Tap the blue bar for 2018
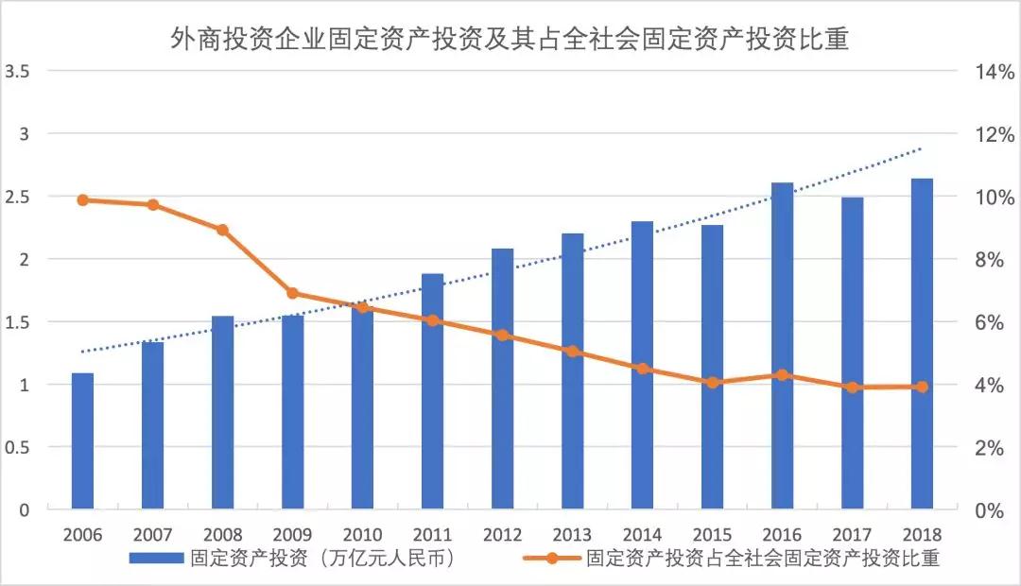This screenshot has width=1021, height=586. (922, 344)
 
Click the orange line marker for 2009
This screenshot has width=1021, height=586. (292, 293)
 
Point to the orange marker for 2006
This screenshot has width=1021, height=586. (83, 199)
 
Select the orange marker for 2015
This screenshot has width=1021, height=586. (712, 383)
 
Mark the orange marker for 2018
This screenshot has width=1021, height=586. (922, 387)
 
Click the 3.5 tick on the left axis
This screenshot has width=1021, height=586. (19, 72)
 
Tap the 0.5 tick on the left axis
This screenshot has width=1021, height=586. (19, 447)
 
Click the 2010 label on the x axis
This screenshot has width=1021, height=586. (363, 534)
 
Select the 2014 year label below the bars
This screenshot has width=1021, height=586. (642, 534)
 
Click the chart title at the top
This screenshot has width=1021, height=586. (510, 39)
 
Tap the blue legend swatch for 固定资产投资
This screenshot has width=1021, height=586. (155, 558)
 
